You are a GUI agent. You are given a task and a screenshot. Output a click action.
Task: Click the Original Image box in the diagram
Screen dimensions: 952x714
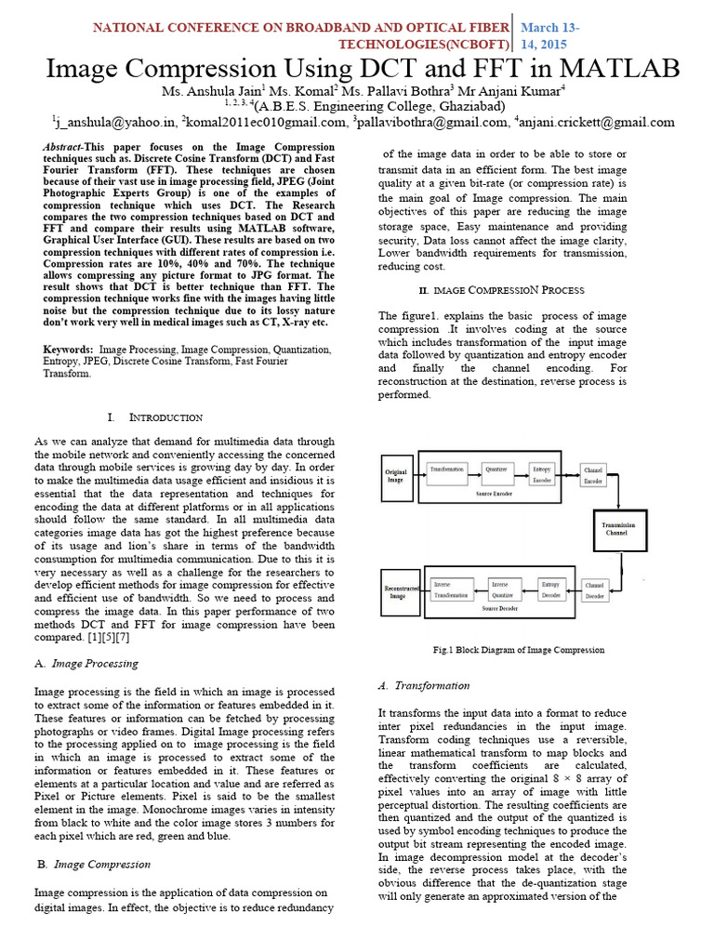pos(396,477)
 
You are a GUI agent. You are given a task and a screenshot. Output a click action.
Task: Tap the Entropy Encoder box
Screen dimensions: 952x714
pos(541,475)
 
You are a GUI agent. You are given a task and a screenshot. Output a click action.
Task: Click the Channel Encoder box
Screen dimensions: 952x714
pos(594,476)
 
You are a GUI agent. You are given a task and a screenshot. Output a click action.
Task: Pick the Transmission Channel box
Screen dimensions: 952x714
pos(622,528)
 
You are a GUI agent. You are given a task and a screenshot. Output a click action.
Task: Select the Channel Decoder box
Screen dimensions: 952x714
pos(594,591)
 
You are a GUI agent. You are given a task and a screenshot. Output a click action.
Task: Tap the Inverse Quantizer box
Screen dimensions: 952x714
pos(500,589)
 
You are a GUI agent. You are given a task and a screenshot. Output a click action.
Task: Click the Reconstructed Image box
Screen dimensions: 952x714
pos(398,592)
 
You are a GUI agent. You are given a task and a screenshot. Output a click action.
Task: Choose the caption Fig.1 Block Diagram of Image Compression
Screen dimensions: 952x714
pos(519,650)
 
